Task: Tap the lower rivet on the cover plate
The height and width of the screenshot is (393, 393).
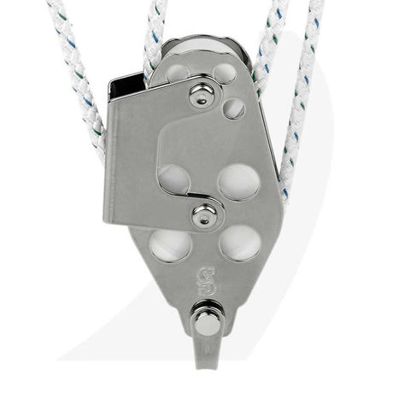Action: click(203, 217)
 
